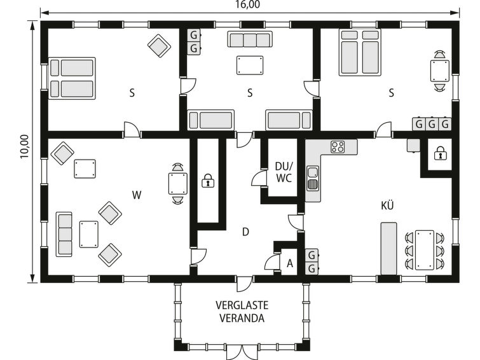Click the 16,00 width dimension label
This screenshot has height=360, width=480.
248,4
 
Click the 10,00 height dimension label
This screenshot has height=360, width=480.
25,147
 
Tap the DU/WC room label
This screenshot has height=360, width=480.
284,172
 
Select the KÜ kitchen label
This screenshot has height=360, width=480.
387,205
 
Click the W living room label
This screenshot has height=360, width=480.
137,195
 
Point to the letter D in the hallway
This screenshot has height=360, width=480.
245,232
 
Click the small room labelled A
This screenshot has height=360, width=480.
290,263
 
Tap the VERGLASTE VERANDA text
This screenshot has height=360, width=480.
242,312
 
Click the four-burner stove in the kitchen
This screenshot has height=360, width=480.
338,146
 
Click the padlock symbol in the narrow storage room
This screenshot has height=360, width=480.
208,181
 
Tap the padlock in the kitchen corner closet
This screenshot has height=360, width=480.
440,153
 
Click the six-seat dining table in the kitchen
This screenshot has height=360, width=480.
424,250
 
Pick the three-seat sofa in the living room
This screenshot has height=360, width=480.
64,234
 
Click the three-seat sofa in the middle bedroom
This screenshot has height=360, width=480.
250,39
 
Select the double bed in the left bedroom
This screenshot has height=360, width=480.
72,78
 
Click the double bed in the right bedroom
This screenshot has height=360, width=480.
360,52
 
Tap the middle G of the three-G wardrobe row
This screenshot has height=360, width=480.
432,125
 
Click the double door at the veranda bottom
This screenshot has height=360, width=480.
242,352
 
